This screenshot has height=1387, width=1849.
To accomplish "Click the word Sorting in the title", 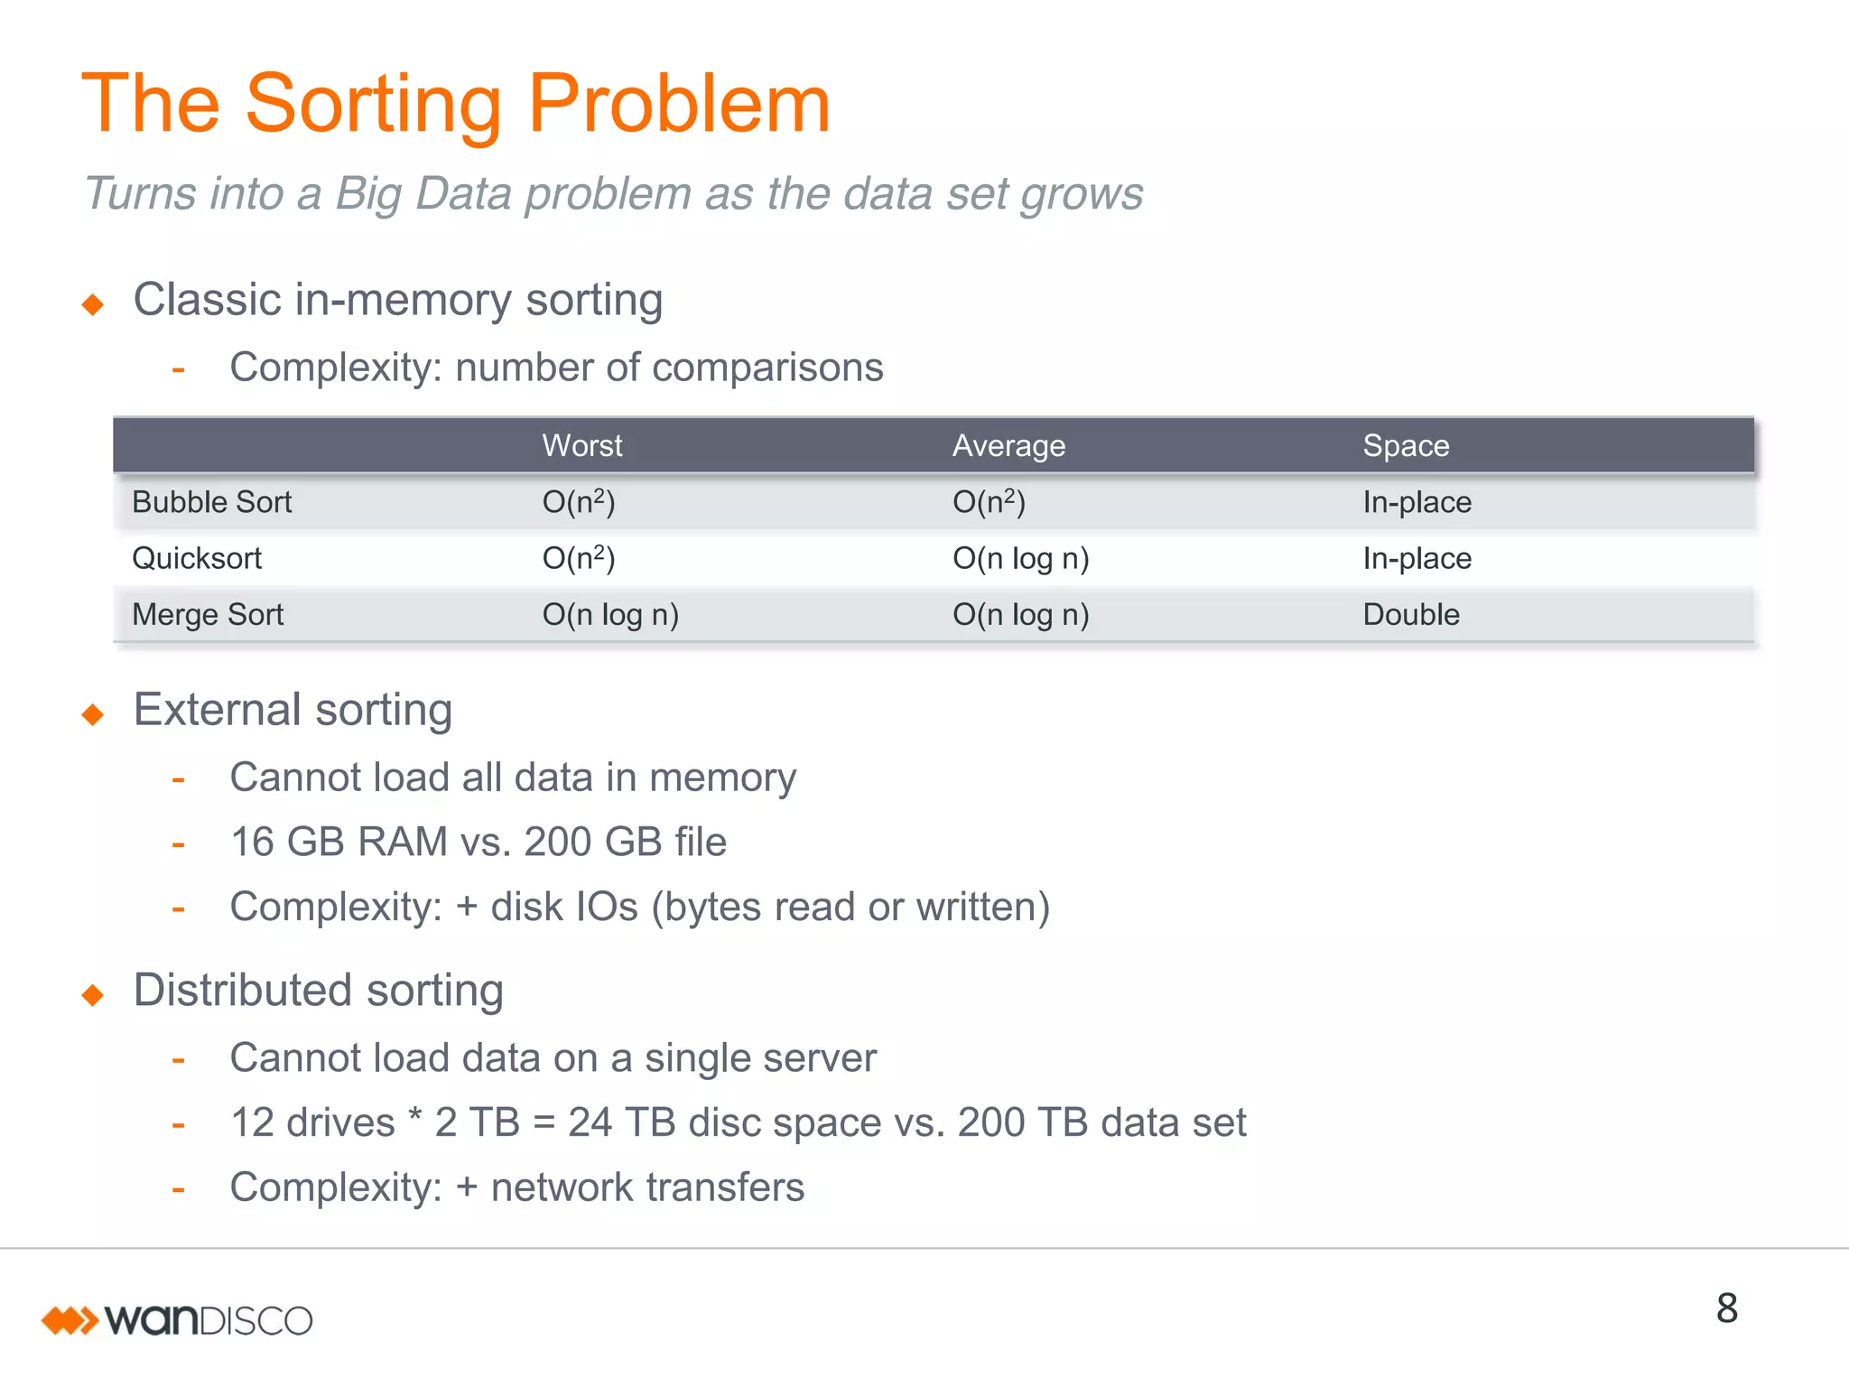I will click(373, 107).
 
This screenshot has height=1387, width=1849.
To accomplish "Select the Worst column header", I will click(582, 446).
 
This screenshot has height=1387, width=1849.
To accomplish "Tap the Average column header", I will click(1008, 446).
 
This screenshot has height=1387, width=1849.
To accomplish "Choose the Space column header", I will click(1406, 446).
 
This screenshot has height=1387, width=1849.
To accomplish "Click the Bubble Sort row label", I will click(211, 502).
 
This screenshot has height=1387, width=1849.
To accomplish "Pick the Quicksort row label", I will click(197, 559).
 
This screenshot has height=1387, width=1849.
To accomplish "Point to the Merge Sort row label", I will click(208, 615).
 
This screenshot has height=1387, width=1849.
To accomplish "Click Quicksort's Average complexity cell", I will click(1020, 559).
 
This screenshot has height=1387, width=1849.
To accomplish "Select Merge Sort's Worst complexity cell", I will click(610, 615).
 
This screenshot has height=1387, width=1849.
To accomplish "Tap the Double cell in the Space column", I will click(1411, 615).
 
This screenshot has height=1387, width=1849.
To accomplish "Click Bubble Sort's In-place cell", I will click(1417, 502).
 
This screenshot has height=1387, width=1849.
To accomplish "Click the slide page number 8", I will click(1726, 1308).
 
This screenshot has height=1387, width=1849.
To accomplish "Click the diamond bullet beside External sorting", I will click(93, 715).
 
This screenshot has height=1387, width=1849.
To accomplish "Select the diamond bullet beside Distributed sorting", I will click(93, 995).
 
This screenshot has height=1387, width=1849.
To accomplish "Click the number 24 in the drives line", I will click(590, 1123).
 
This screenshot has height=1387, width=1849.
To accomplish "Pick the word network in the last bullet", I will click(561, 1187).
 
